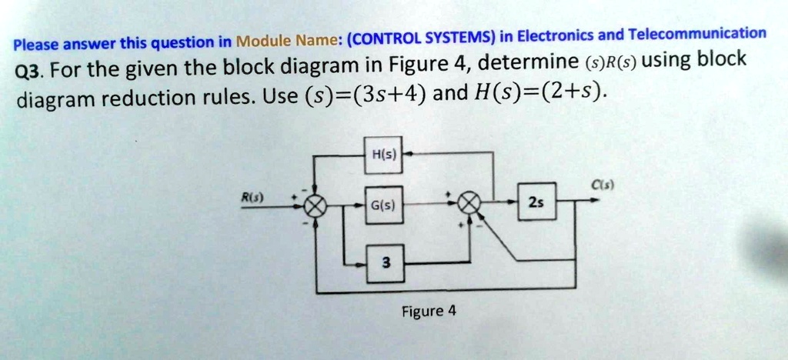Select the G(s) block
(x=382, y=206)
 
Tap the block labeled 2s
(x=536, y=202)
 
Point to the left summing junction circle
(x=315, y=205)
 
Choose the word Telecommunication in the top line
(x=697, y=34)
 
